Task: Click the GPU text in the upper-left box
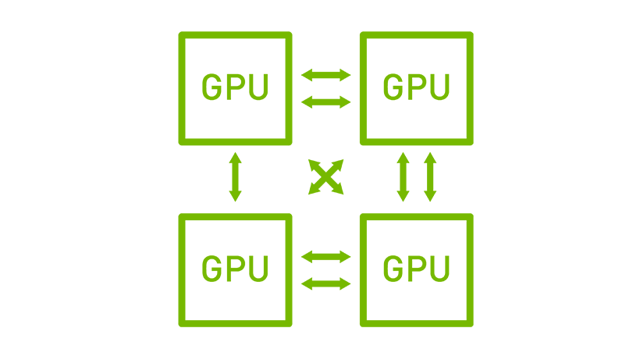(x=235, y=87)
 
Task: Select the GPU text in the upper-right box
(x=416, y=87)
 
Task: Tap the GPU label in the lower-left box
(x=235, y=268)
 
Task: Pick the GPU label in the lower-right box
(x=416, y=268)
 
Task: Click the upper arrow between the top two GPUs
(x=325, y=75)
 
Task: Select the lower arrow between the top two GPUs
(x=325, y=102)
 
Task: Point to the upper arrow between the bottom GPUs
(x=325, y=257)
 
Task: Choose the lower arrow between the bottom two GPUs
(x=325, y=283)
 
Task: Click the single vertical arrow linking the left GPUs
(x=235, y=176)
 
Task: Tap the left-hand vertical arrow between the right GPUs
(x=403, y=176)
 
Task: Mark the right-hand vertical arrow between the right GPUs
(x=430, y=176)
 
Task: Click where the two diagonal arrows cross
(x=325, y=176)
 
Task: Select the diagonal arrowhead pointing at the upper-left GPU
(x=314, y=165)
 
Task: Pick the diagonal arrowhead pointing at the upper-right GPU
(x=338, y=165)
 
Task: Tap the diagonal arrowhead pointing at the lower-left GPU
(x=314, y=188)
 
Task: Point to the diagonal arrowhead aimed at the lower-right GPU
(x=338, y=188)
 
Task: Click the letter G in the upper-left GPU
(x=212, y=87)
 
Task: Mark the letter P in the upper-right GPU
(x=416, y=87)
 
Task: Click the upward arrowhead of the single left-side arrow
(x=235, y=158)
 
